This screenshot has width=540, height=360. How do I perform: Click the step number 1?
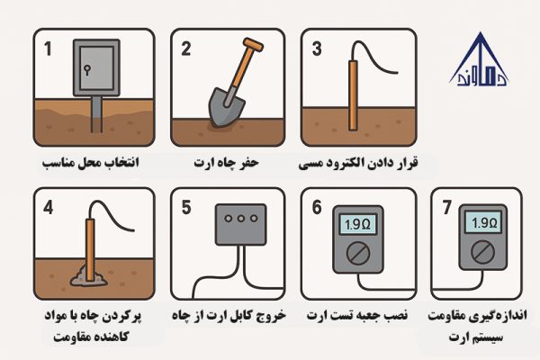(x=46, y=48)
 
